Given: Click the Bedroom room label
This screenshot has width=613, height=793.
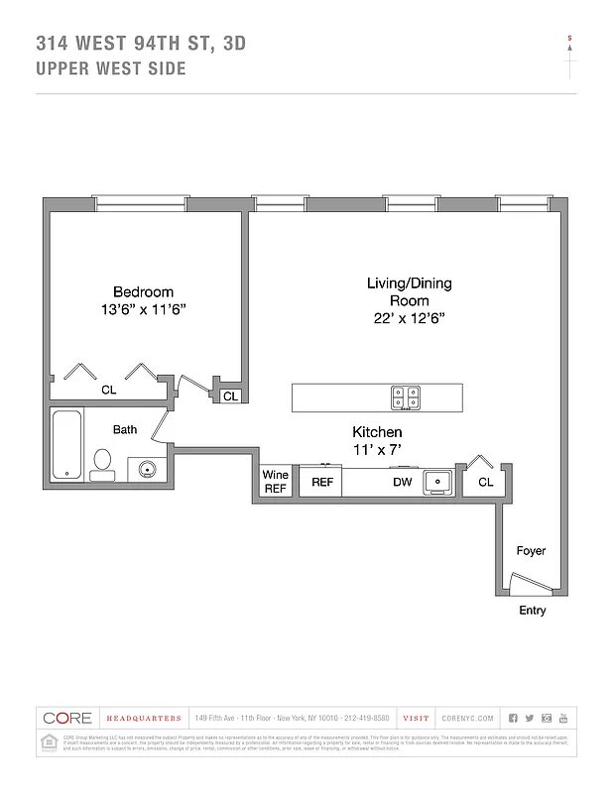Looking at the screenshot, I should pyautogui.click(x=143, y=291).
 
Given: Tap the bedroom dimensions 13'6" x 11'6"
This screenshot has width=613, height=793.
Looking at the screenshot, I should pyautogui.click(x=143, y=309).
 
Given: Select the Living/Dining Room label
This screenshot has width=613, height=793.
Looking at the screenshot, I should pyautogui.click(x=409, y=291).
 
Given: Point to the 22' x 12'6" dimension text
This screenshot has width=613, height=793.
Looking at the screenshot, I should pyautogui.click(x=409, y=319).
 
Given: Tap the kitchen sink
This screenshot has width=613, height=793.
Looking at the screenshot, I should pyautogui.click(x=436, y=482).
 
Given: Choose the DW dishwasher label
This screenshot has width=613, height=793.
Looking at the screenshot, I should pyautogui.click(x=403, y=483).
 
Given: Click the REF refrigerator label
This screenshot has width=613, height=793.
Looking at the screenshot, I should pyautogui.click(x=322, y=483).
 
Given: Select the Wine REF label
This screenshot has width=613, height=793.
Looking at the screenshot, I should pyautogui.click(x=275, y=482).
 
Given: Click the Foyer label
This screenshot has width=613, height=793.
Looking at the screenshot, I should pyautogui.click(x=531, y=551).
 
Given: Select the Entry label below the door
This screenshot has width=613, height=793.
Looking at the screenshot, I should pyautogui.click(x=532, y=611).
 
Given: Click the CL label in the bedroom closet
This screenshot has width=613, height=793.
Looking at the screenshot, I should pyautogui.click(x=109, y=391).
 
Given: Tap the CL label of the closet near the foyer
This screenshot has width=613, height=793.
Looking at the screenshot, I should pyautogui.click(x=485, y=483).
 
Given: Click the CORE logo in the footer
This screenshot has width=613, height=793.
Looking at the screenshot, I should pyautogui.click(x=65, y=718).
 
